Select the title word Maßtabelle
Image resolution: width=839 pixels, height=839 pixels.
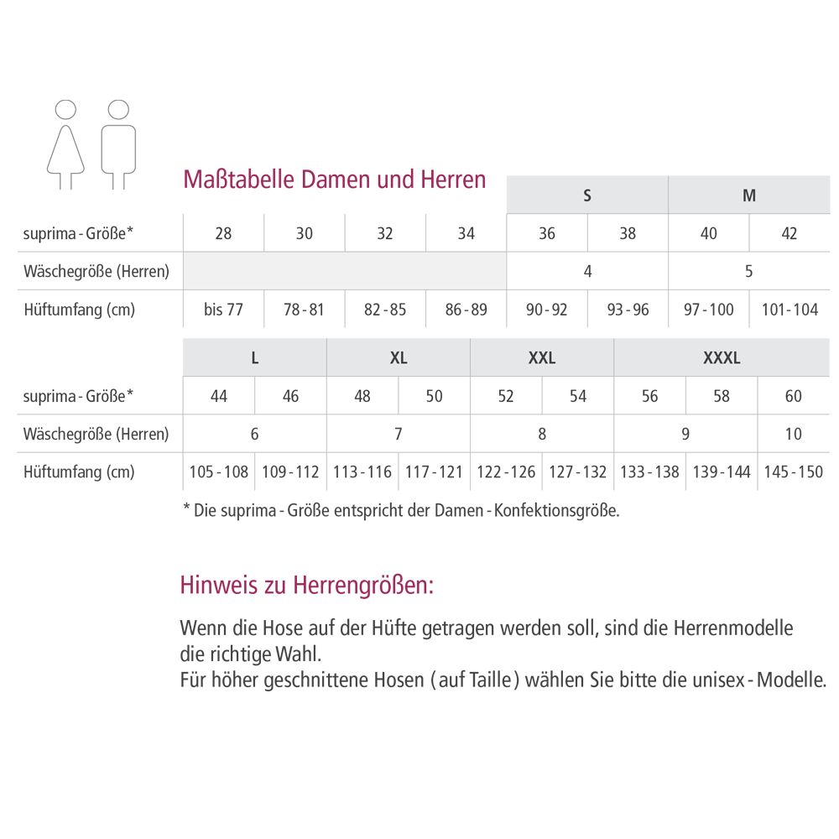click(x=237, y=180)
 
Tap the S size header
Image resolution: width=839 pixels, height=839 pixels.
click(x=587, y=195)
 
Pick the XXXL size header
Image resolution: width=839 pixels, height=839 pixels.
click(x=722, y=358)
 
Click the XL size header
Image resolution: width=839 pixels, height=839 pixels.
click(x=399, y=358)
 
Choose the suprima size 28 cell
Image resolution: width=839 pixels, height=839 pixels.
click(x=223, y=233)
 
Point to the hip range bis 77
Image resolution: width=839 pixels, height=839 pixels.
click(x=223, y=310)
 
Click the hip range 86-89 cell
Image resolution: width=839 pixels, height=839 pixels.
click(x=466, y=310)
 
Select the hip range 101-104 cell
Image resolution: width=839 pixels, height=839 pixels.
click(x=789, y=310)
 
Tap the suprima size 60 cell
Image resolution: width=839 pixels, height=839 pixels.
click(x=794, y=396)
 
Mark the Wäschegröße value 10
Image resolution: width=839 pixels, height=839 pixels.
click(x=794, y=434)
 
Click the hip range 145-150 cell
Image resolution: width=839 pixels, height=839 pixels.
click(x=794, y=472)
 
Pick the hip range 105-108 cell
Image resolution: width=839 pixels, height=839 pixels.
click(x=219, y=472)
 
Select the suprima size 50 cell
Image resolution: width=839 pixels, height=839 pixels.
click(x=434, y=396)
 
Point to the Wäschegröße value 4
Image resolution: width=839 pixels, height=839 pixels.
click(x=587, y=271)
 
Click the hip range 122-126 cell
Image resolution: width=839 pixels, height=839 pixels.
click(x=506, y=472)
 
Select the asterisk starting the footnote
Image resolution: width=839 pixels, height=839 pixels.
click(x=186, y=508)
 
